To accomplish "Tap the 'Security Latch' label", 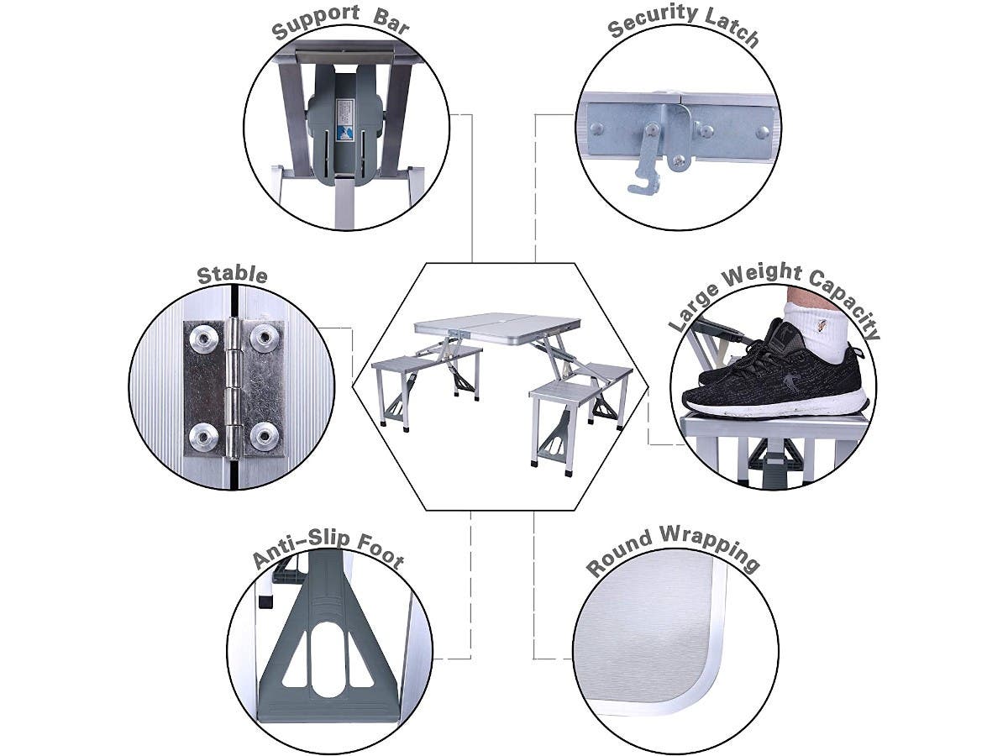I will click(x=683, y=26).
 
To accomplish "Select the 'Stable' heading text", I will click(x=233, y=275).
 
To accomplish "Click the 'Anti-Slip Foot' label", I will click(x=328, y=550).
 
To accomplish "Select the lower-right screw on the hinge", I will click(x=266, y=434).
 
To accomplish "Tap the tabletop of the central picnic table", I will click(x=496, y=323).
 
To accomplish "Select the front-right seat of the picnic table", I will click(x=566, y=389).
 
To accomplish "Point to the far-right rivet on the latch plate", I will click(x=761, y=132).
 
